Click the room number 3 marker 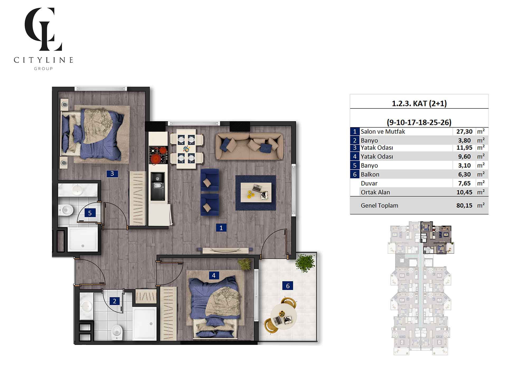(112, 174)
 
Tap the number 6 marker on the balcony (288, 286)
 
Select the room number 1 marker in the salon (221, 228)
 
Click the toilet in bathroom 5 (66, 210)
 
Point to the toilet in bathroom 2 (117, 332)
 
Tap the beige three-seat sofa (249, 146)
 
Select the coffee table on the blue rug (256, 192)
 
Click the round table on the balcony (284, 316)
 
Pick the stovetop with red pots (158, 155)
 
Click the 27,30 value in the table (464, 131)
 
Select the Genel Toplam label (379, 206)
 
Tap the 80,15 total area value (464, 206)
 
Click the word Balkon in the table (370, 175)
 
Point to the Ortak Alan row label (375, 192)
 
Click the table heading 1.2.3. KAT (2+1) (419, 103)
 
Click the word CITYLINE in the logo (43, 60)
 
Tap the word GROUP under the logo (43, 69)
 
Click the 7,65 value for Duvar (464, 183)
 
